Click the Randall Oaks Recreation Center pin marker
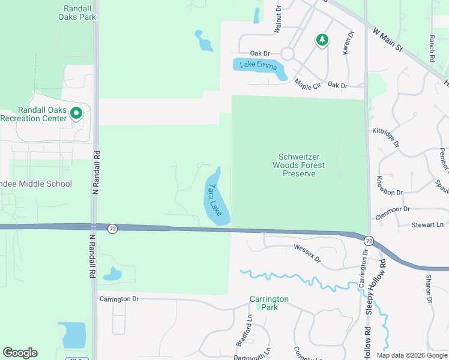(76, 113)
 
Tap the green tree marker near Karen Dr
(322, 40)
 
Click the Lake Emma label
(258, 65)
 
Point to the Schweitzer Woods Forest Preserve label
(298, 165)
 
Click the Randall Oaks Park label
(77, 13)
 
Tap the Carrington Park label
(270, 303)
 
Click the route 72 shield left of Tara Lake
(112, 229)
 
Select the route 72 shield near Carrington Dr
(367, 239)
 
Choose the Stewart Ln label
(427, 224)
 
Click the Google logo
(20, 353)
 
